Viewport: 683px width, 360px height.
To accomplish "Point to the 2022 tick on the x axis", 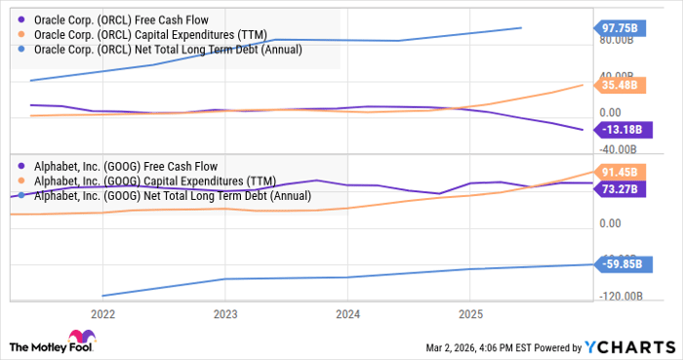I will pos(102,314).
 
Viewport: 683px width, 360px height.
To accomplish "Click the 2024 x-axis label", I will pos(347,314).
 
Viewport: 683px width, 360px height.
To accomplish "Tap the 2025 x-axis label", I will pos(469,314).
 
